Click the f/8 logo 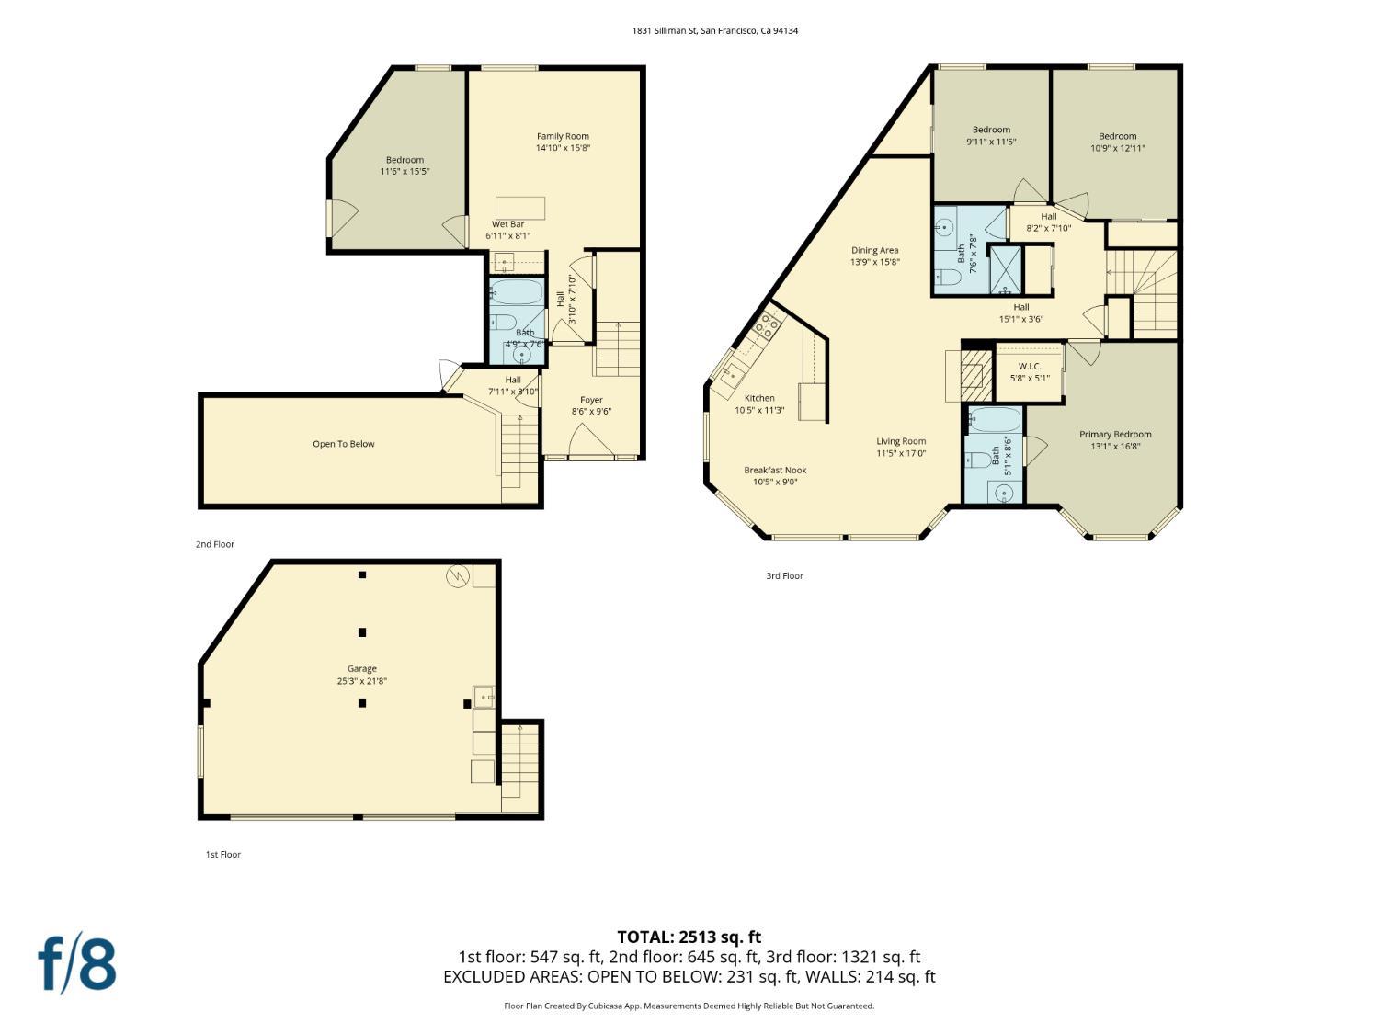click(x=77, y=965)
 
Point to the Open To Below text click(x=344, y=444)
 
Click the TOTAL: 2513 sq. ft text click(x=689, y=937)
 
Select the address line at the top click(x=715, y=30)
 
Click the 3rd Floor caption click(x=785, y=575)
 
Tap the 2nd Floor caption click(x=215, y=544)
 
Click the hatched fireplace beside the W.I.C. click(x=976, y=375)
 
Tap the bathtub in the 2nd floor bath click(x=517, y=292)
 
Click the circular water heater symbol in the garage click(x=457, y=575)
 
